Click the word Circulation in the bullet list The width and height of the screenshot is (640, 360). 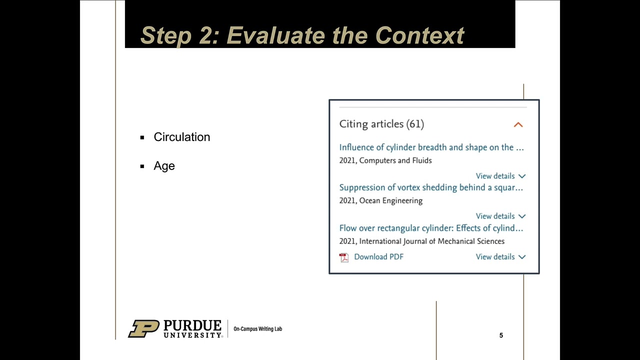tap(181, 137)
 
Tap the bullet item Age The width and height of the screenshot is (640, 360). tap(164, 166)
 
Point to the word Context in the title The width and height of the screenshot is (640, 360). tap(419, 35)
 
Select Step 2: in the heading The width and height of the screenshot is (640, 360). tap(180, 35)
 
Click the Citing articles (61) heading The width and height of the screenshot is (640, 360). tap(381, 124)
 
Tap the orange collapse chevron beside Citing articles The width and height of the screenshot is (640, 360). tap(518, 124)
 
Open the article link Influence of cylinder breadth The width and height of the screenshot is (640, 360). tap(431, 147)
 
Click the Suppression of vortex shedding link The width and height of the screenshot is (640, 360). tap(430, 187)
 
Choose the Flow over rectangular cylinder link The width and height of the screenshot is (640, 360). tap(430, 228)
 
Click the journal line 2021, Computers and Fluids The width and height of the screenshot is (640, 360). tap(385, 160)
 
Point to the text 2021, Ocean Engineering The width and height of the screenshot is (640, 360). tap(380, 200)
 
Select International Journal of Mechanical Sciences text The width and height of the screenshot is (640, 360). tap(431, 241)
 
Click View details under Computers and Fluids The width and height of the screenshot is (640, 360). tap(500, 176)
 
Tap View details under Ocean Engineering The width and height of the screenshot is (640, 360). tap(500, 216)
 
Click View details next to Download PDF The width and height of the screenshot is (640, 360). tap(500, 256)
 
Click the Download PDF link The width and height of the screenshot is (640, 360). tap(378, 256)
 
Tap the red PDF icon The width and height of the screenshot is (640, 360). tap(344, 257)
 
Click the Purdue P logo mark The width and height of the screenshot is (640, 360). tap(143, 328)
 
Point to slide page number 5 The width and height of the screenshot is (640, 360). tap(501, 335)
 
